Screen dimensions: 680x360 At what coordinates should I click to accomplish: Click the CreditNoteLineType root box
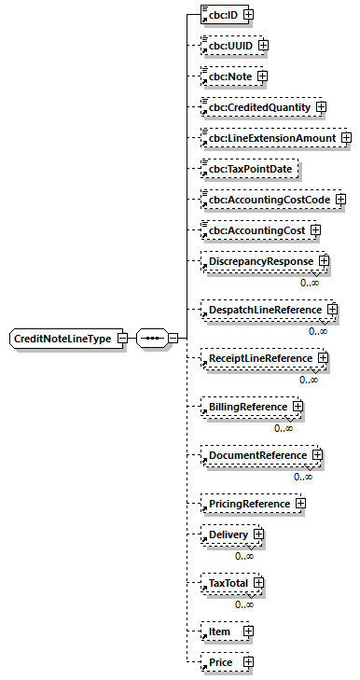pos(62,338)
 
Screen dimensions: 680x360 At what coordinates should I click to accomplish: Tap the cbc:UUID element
pos(229,45)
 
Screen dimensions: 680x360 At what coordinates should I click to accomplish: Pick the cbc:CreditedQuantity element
pos(258,107)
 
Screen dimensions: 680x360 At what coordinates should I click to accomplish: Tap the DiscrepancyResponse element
pos(260,261)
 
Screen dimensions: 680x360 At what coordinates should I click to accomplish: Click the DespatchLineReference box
pos(264,309)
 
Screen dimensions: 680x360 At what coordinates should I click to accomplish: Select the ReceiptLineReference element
pos(260,358)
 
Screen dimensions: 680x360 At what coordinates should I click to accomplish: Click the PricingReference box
pos(249,504)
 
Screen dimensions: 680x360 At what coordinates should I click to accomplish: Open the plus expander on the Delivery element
pos(256,534)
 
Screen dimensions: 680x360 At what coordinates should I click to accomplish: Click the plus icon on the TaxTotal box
pos(258,583)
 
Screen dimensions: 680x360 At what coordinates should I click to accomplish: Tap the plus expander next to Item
pos(247,631)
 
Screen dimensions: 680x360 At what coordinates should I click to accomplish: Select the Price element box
pos(247,662)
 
